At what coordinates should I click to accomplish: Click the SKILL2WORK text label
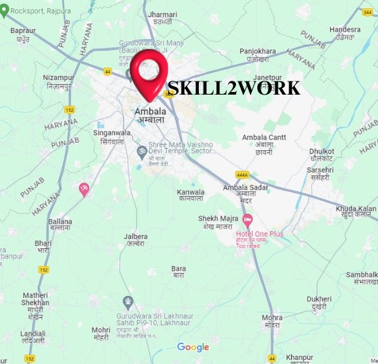(233, 89)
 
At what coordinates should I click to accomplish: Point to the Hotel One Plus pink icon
(248, 219)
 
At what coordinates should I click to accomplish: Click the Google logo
(193, 347)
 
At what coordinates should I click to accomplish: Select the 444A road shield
(241, 175)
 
